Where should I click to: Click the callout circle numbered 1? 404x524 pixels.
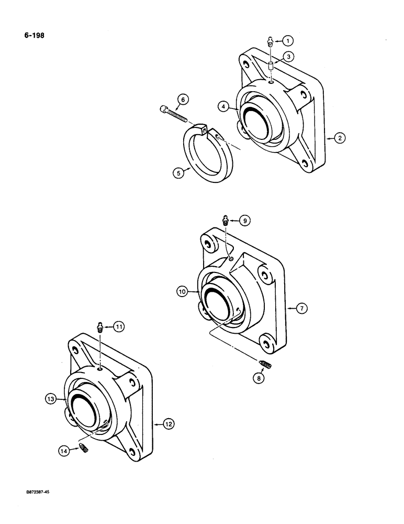click(288, 40)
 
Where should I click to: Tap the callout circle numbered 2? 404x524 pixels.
click(339, 138)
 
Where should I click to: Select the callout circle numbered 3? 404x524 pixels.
click(288, 56)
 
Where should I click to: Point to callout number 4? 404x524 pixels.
click(223, 107)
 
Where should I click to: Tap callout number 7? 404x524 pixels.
click(301, 308)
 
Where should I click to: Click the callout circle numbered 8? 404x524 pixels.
click(256, 377)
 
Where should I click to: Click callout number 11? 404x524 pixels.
click(120, 327)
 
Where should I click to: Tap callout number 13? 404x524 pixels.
click(51, 399)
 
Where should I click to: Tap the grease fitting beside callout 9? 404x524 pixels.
click(226, 221)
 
